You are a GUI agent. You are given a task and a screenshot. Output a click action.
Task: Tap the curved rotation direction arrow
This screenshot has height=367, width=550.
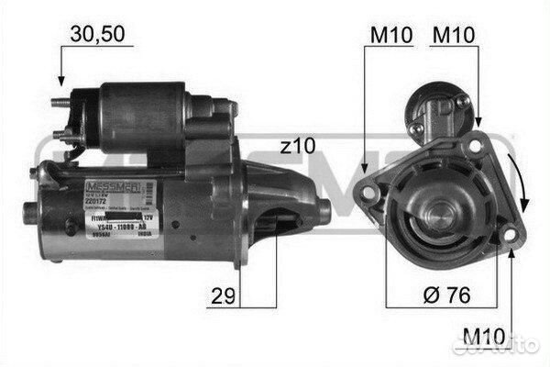(523, 183)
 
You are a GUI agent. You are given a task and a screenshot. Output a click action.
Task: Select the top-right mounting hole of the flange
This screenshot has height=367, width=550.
(478, 141)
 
